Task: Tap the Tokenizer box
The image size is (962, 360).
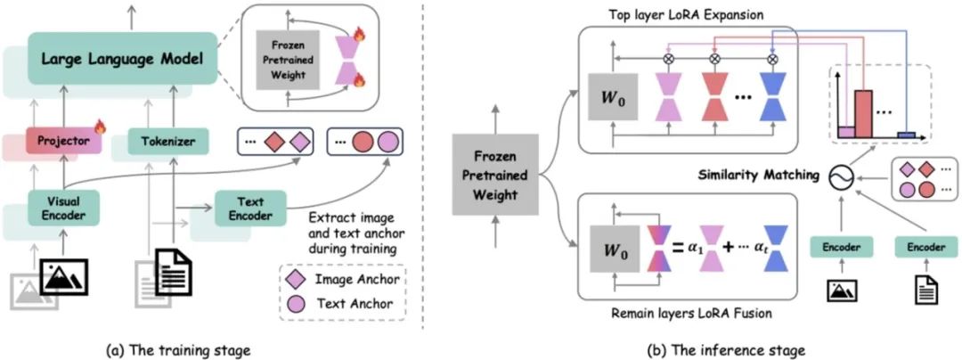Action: click(161, 139)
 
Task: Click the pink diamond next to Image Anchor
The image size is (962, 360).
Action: click(294, 280)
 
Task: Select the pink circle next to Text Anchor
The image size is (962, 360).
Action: click(294, 304)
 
